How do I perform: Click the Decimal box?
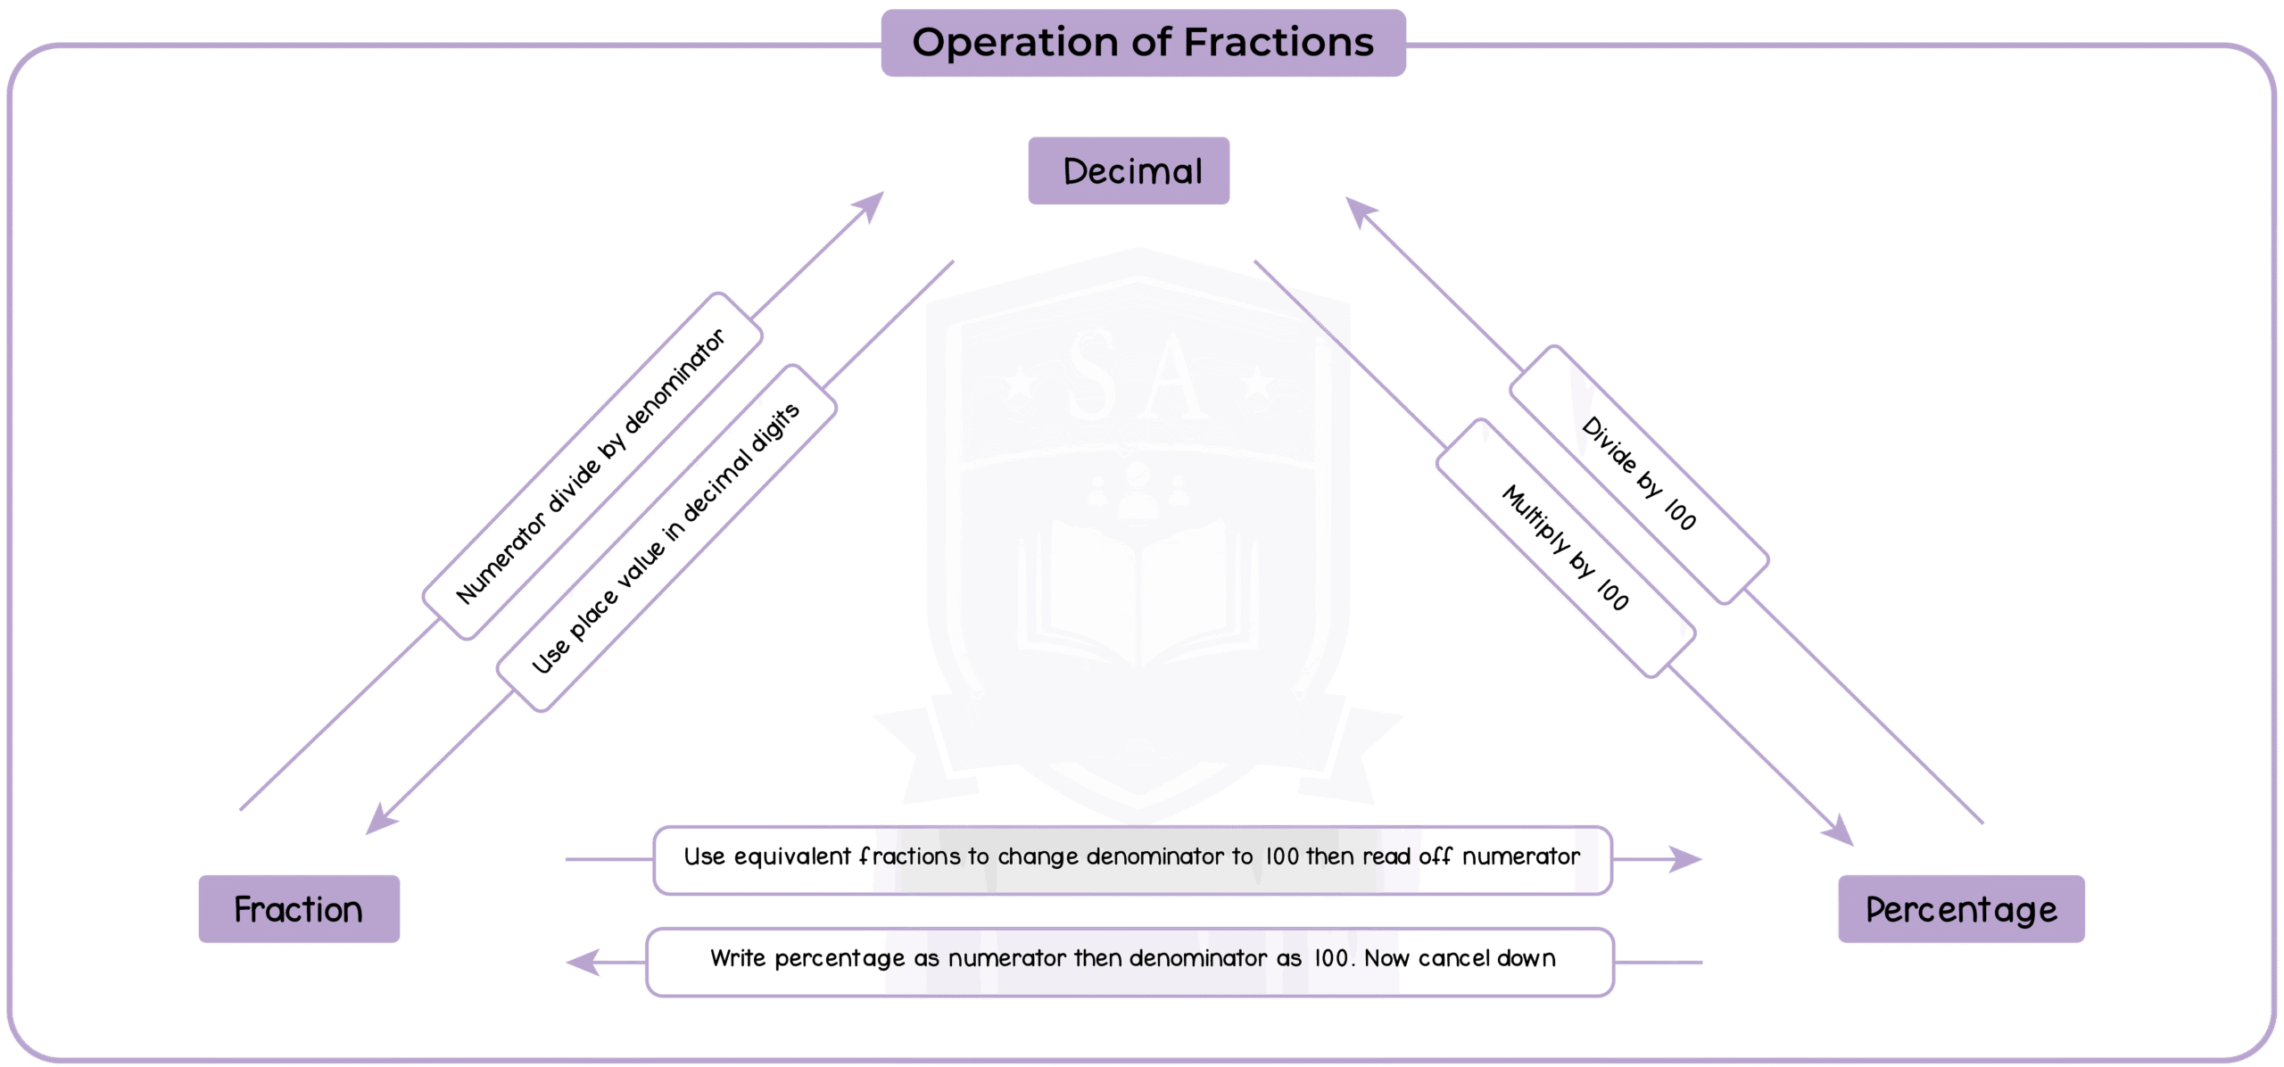coord(1129,170)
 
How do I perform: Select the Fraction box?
coord(299,909)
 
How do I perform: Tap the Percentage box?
coord(1961,909)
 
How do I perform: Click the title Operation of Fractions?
coord(1143,43)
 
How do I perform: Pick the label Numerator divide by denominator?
coord(592,466)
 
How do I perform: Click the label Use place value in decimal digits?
coord(666,538)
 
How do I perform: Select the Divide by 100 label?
coord(1639,474)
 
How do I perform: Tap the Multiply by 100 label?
coord(1566,548)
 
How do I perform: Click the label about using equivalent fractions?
coord(1132,858)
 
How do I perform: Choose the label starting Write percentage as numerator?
coord(1130,960)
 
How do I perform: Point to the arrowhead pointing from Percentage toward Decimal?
coord(1360,211)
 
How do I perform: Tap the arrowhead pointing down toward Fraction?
coord(380,819)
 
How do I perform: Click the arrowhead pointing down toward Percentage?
coord(1840,831)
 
